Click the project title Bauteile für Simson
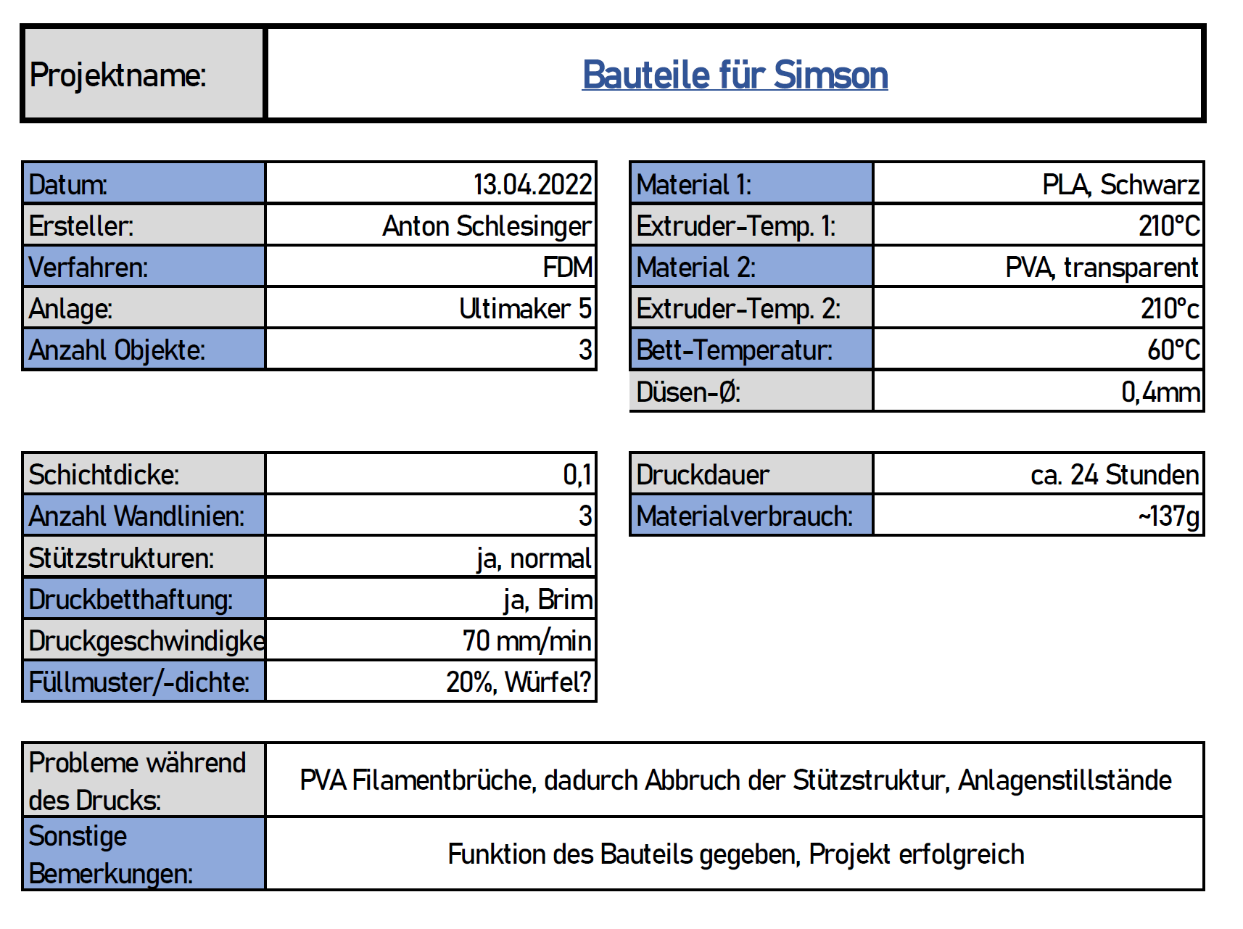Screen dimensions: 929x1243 pos(735,75)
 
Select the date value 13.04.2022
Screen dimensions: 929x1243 pos(532,185)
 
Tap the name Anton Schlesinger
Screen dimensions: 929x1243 pos(487,226)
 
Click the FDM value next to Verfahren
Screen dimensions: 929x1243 pos(567,268)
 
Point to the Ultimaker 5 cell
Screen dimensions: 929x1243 pos(525,309)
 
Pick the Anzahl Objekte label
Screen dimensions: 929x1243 pos(117,350)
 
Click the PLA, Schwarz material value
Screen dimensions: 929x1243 pos(1120,185)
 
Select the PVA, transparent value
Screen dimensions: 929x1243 pos(1101,268)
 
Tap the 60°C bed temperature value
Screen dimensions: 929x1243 pos(1173,350)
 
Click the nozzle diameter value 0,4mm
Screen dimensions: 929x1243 pos(1160,392)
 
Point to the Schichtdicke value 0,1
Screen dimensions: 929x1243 pos(577,475)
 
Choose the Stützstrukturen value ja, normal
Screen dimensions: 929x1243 pos(534,558)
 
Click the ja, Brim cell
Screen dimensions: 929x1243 pos(548,600)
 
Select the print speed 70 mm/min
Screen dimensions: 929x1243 pos(526,641)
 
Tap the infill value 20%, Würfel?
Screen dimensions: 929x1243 pos(518,682)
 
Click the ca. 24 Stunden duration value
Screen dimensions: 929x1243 pos(1114,475)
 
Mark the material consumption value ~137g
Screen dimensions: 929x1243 pos(1168,516)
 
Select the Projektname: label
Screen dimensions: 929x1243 pos(118,75)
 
